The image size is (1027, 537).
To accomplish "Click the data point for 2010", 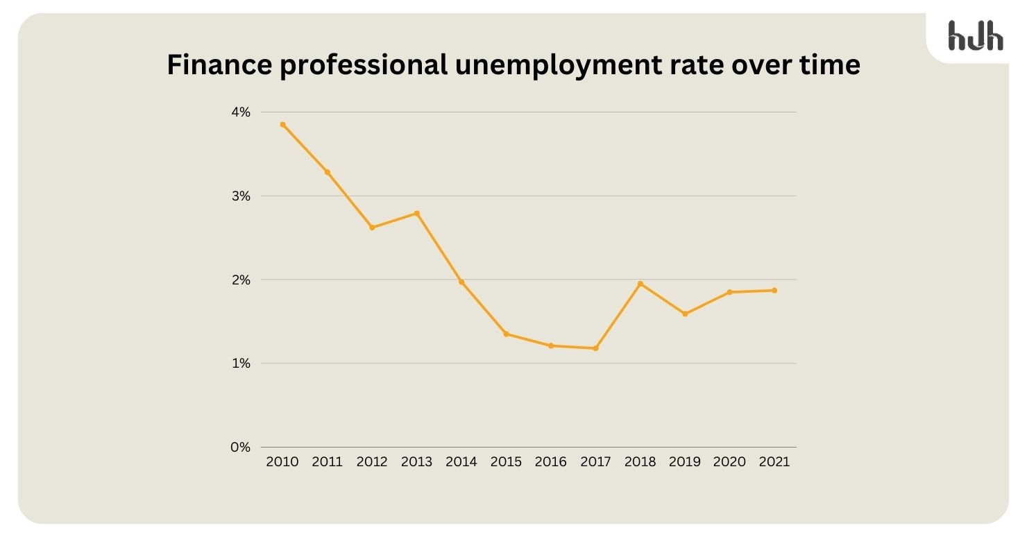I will point(282,124).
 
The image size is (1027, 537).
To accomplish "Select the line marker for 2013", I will point(416,213).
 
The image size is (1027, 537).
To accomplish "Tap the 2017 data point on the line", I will point(595,348).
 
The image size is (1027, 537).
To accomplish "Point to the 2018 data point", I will point(640,284).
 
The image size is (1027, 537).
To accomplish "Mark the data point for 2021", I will point(774,291).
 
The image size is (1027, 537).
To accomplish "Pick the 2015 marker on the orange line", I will point(506,334).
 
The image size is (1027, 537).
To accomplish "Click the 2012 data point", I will point(372,228).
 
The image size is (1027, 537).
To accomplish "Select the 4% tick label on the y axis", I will point(240,112).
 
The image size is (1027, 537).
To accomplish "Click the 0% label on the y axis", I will point(240,447).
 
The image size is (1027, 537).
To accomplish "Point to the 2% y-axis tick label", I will point(240,280).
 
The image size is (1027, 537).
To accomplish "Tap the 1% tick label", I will point(240,364).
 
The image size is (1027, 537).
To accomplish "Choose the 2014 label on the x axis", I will point(461,462).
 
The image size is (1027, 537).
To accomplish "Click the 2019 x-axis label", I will point(685,462).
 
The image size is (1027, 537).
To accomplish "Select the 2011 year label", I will point(328,462).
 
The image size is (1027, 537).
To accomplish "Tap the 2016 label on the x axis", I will point(551,462).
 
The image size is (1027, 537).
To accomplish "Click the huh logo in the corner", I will point(975,35).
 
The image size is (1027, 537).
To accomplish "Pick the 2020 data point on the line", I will point(729,292).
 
